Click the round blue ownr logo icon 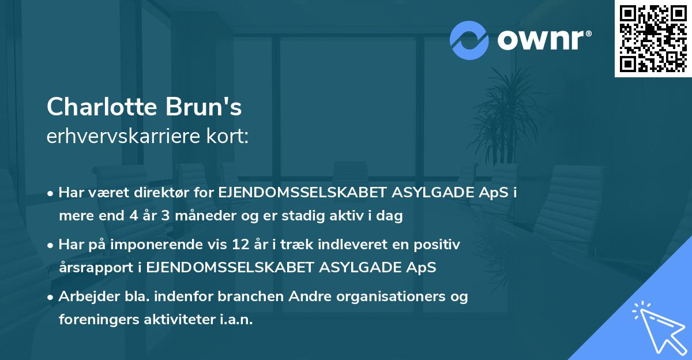click(x=469, y=40)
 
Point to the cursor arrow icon click(x=659, y=327)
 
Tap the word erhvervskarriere click(x=125, y=137)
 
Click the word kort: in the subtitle click(x=228, y=137)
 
